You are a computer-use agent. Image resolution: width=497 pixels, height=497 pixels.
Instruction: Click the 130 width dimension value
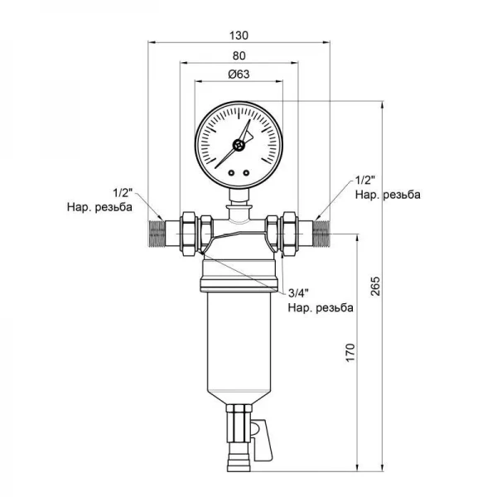pyautogui.click(x=239, y=36)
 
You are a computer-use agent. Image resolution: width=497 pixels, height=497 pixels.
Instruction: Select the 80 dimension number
pyautogui.click(x=239, y=55)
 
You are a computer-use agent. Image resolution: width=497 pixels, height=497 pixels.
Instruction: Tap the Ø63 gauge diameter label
pyautogui.click(x=239, y=75)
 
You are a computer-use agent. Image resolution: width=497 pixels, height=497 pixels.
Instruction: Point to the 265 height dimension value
pyautogui.click(x=375, y=287)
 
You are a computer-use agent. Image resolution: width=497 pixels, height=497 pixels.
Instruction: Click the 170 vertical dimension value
pyautogui.click(x=350, y=352)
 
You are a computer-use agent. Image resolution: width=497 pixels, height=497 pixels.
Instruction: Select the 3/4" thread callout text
pyautogui.click(x=298, y=293)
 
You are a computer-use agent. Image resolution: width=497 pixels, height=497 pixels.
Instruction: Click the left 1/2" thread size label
pyautogui.click(x=123, y=193)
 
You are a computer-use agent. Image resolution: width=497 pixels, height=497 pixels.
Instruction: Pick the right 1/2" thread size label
pyautogui.click(x=365, y=181)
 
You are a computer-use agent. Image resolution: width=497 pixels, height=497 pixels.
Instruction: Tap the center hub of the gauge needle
pyautogui.click(x=239, y=145)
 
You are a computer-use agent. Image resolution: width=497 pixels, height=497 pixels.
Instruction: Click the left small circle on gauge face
pyautogui.click(x=231, y=173)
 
